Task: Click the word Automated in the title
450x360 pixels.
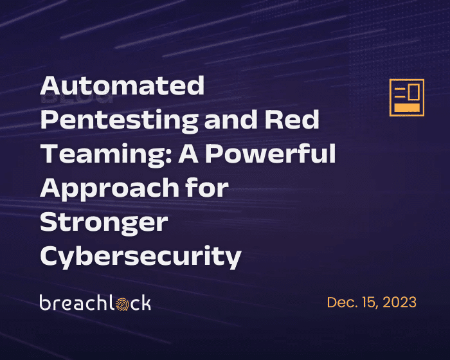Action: [x=122, y=85]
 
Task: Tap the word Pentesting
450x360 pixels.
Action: [x=120, y=121]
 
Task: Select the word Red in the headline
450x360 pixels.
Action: [x=292, y=119]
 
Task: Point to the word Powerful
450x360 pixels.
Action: [x=271, y=153]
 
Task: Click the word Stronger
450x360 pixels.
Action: [x=104, y=224]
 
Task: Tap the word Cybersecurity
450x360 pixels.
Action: [x=141, y=257]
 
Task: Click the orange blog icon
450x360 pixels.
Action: [x=407, y=98]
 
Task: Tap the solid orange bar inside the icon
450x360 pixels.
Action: [x=407, y=107]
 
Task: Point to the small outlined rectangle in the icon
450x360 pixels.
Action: [x=414, y=92]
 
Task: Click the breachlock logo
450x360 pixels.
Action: [x=95, y=303]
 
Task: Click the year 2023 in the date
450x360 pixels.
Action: [x=399, y=302]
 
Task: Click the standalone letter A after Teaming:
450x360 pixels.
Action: [x=188, y=153]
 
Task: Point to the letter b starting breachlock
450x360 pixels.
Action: [x=45, y=302]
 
